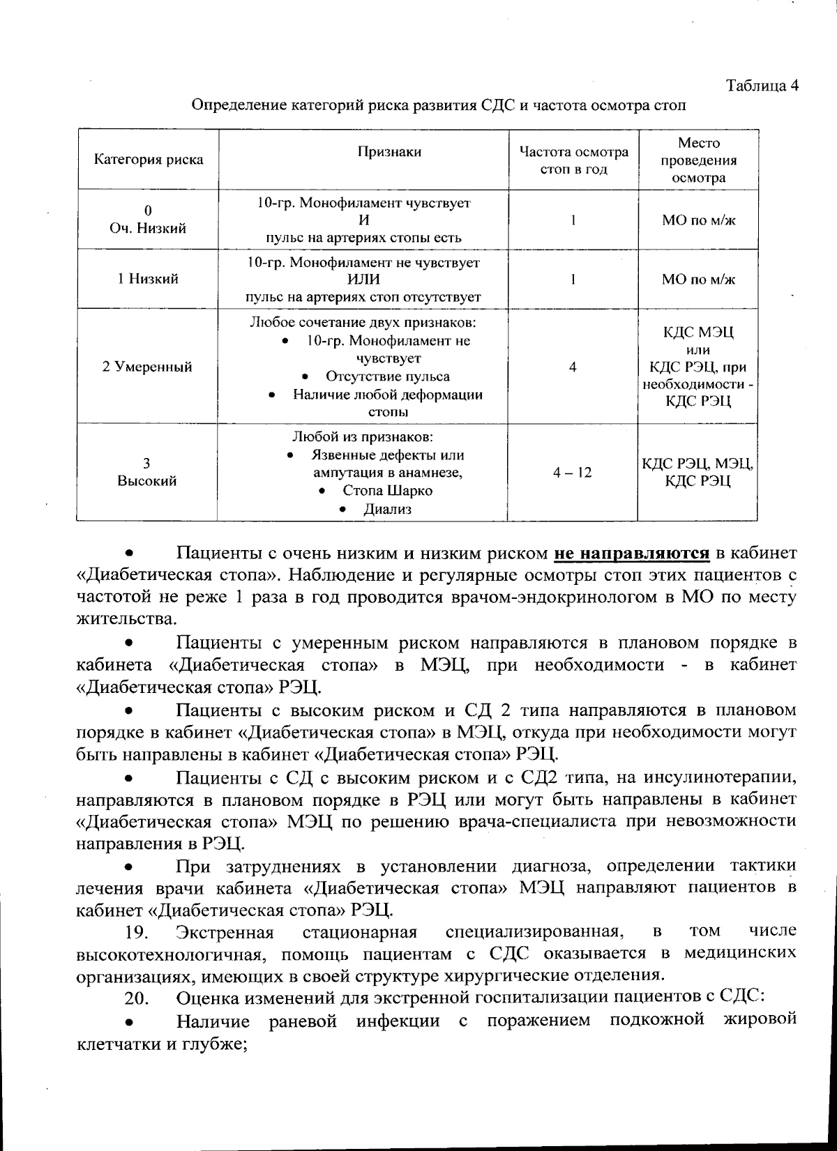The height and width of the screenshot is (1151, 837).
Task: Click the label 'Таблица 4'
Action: pos(762,86)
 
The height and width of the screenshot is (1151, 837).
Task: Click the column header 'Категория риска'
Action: pos(149,160)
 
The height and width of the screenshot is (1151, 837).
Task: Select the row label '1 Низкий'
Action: pos(148,279)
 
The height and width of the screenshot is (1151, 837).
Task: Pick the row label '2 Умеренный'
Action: pos(147,367)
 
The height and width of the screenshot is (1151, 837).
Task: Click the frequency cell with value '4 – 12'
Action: pos(572,473)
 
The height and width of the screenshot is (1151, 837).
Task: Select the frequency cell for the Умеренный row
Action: pos(572,367)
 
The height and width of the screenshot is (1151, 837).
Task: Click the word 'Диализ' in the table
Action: pos(387,509)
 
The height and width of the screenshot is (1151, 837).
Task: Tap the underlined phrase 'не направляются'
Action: pos(632,554)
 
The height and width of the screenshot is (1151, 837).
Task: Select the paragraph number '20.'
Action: pos(137,999)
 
